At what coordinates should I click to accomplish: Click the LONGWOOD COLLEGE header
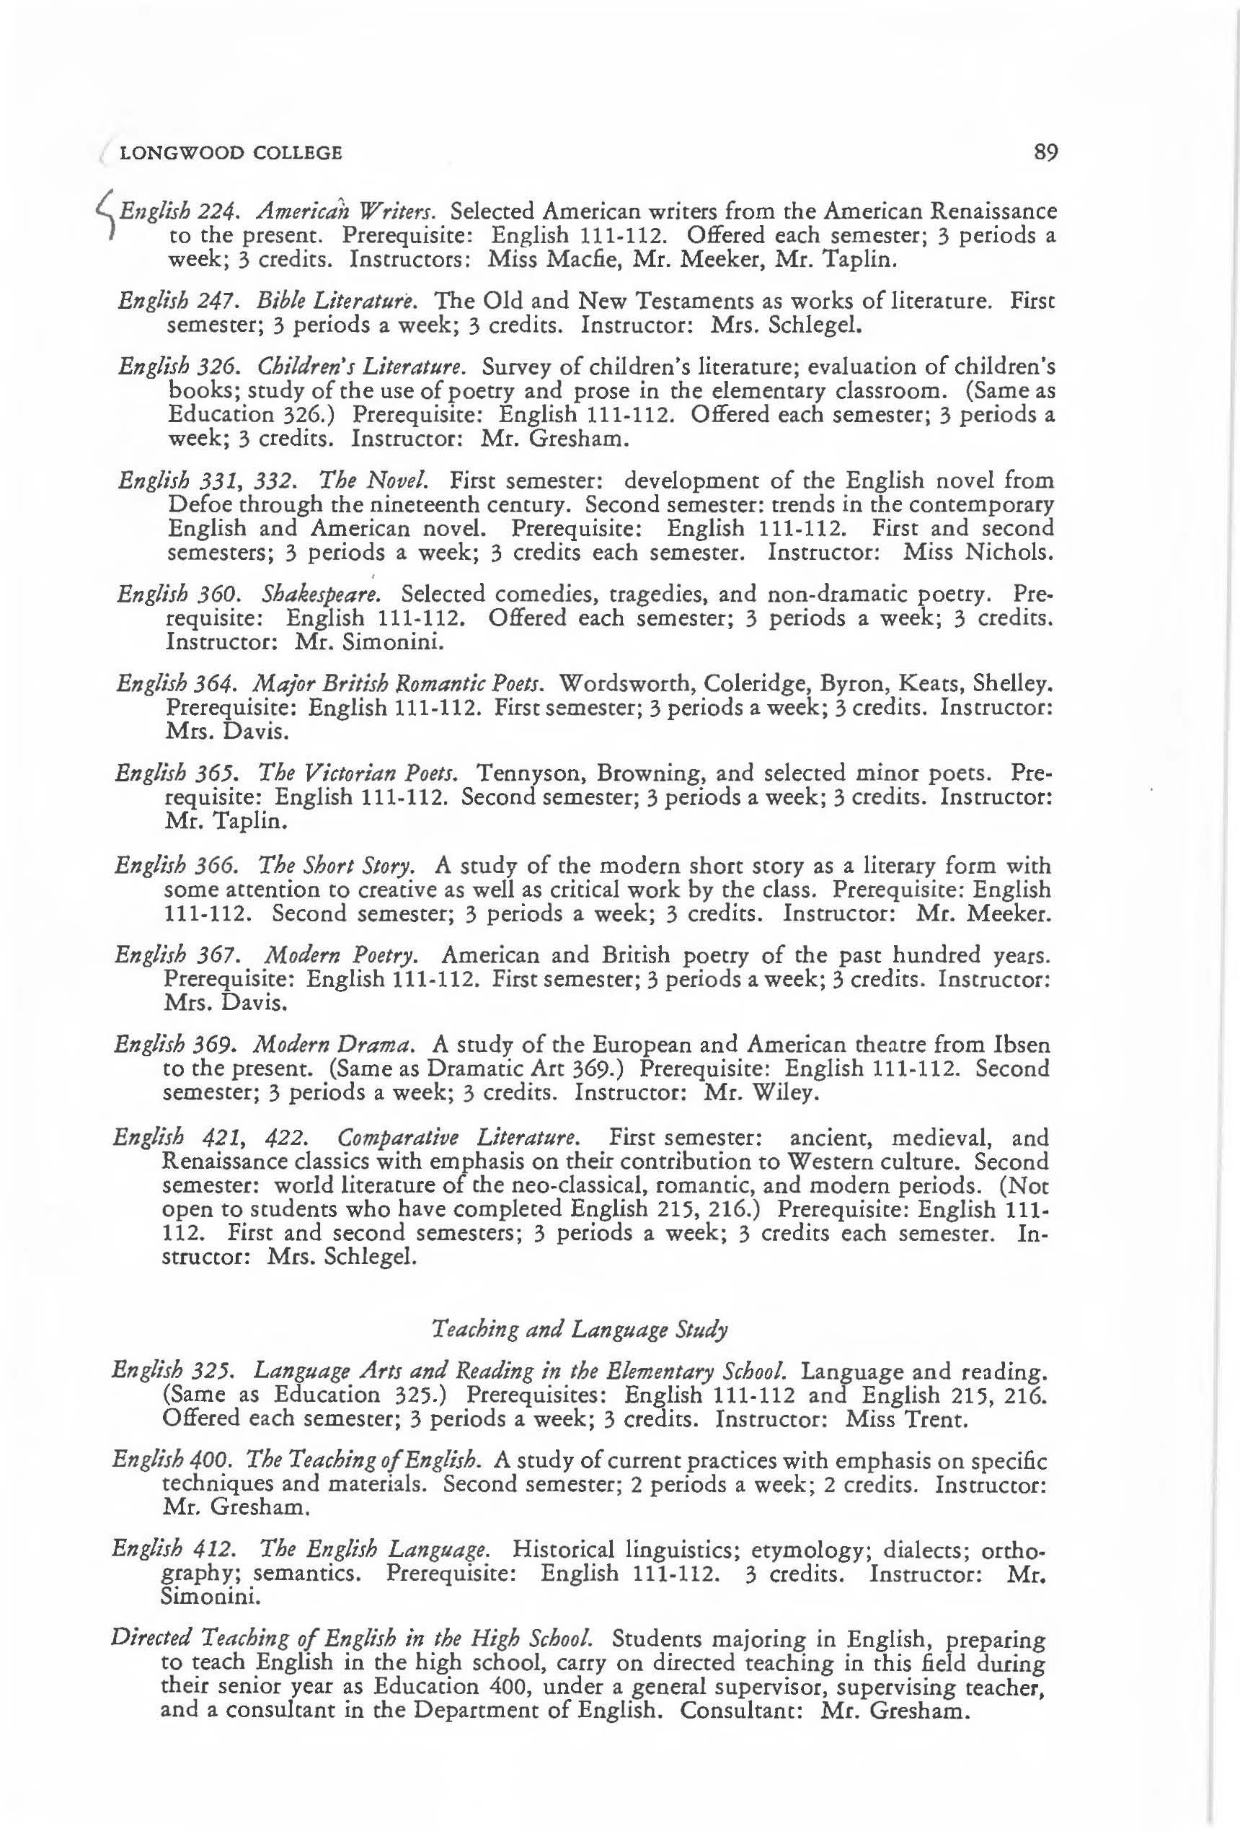(x=230, y=152)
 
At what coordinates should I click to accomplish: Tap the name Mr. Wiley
(x=753, y=1093)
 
